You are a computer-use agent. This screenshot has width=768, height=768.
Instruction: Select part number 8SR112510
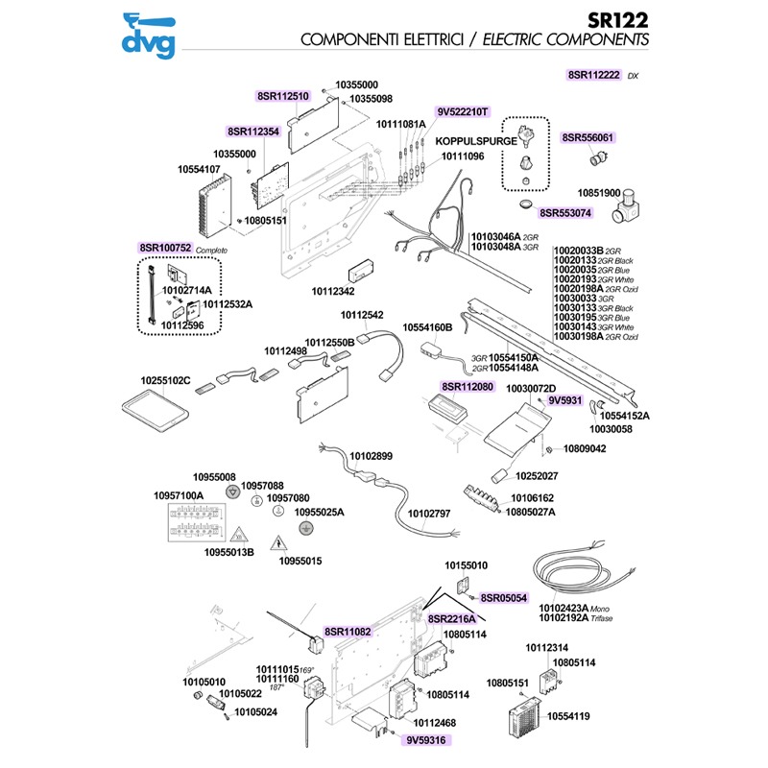[x=283, y=96]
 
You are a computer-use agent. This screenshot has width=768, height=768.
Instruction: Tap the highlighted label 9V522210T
[x=464, y=111]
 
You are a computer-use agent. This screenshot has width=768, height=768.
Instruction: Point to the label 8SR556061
[x=588, y=137]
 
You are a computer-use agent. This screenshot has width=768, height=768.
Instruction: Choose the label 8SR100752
[x=166, y=248]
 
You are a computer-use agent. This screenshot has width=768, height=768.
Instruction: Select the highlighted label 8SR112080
[x=468, y=387]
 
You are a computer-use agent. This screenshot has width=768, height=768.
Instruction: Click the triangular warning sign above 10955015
[x=277, y=541]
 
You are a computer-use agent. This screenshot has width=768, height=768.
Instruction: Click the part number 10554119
[x=570, y=716]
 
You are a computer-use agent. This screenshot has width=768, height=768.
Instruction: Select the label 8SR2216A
[x=452, y=618]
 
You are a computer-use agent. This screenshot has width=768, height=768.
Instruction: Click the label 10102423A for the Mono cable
[x=564, y=608]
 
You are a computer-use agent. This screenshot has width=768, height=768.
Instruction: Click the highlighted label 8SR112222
[x=594, y=74]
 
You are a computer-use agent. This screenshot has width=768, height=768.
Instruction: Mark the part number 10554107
[x=200, y=170]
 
